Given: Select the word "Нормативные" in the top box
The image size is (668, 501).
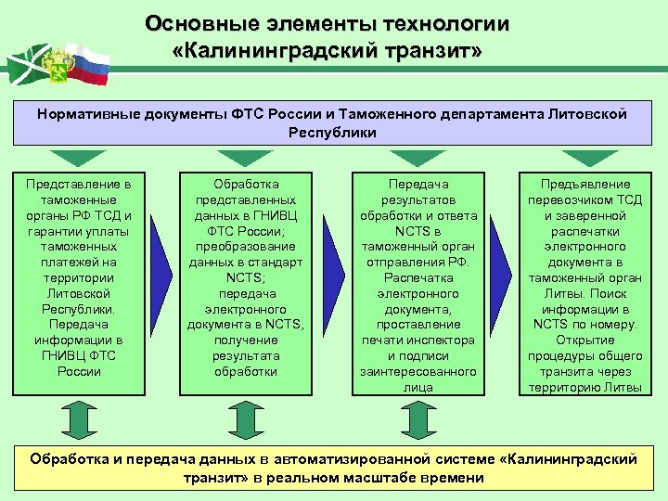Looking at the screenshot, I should [x=83, y=114].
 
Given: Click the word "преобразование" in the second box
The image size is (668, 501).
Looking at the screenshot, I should [x=246, y=247].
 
